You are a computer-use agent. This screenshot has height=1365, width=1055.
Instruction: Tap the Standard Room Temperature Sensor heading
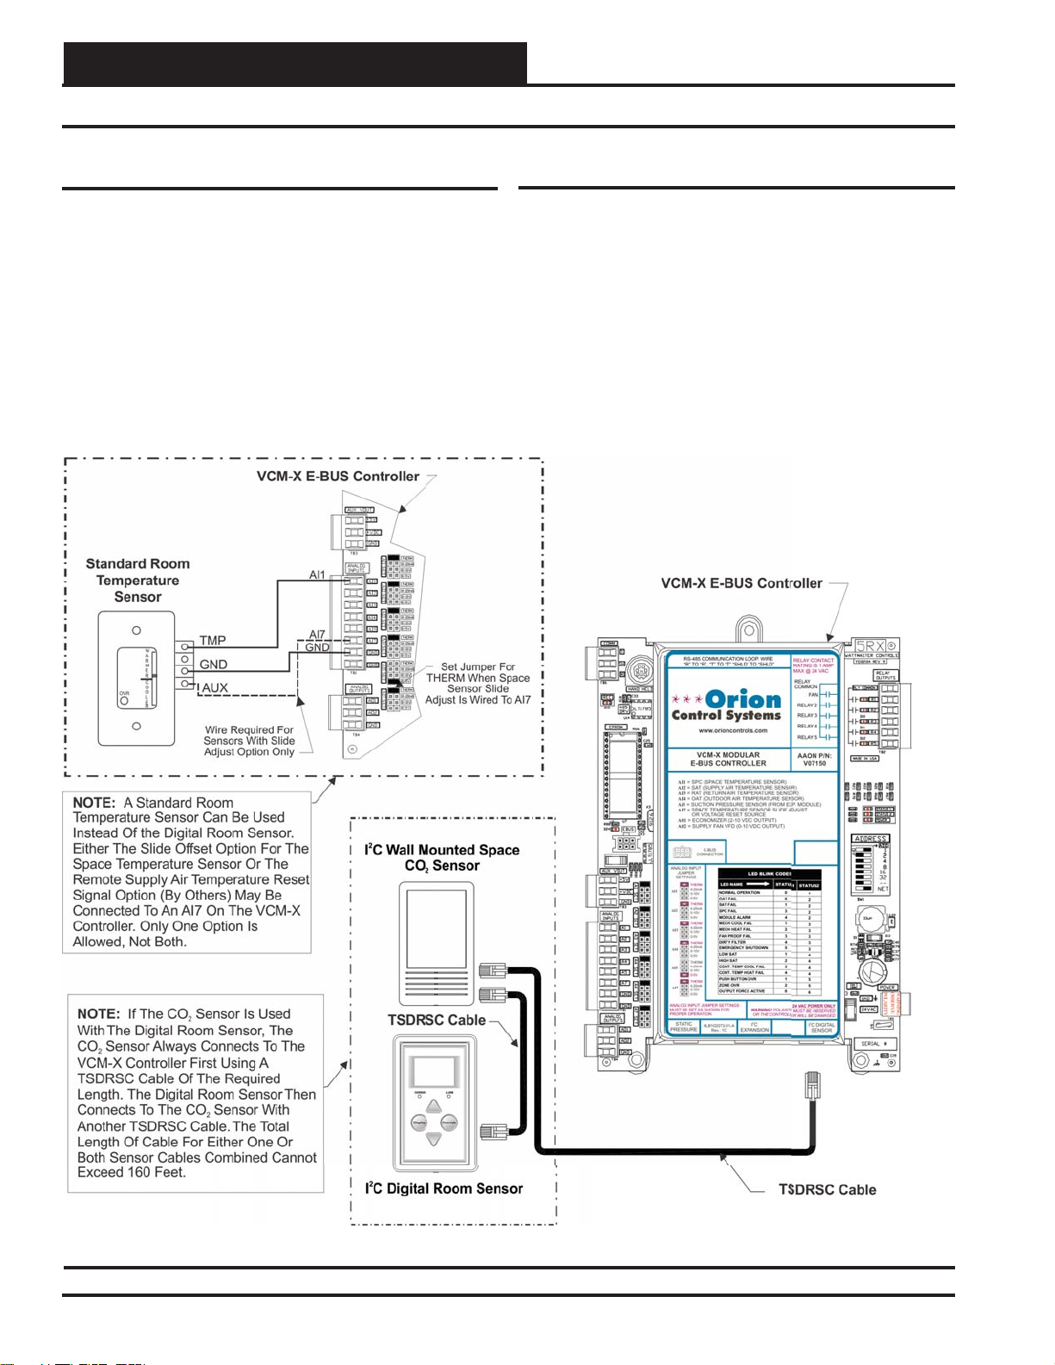coord(138,580)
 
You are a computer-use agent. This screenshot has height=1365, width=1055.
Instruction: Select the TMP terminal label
coord(213,640)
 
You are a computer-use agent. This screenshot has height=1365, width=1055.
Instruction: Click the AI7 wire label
coord(317,635)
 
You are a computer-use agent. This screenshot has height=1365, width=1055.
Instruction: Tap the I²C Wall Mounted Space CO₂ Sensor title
coord(443,858)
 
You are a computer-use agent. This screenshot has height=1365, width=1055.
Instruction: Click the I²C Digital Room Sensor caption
coord(444,1188)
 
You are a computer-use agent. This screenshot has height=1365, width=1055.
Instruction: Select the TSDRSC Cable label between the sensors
coord(437,1020)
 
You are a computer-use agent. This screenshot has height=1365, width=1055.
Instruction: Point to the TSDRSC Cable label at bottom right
coord(827,1189)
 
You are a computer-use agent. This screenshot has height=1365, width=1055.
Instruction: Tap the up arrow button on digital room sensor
coord(434,1107)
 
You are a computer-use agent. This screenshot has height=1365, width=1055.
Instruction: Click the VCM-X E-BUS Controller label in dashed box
coord(338,476)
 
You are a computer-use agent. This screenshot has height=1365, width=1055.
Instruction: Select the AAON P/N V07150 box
coord(813,759)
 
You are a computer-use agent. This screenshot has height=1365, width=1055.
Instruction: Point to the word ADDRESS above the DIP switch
coord(870,838)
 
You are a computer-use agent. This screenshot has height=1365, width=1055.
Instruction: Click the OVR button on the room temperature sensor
coord(125,698)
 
